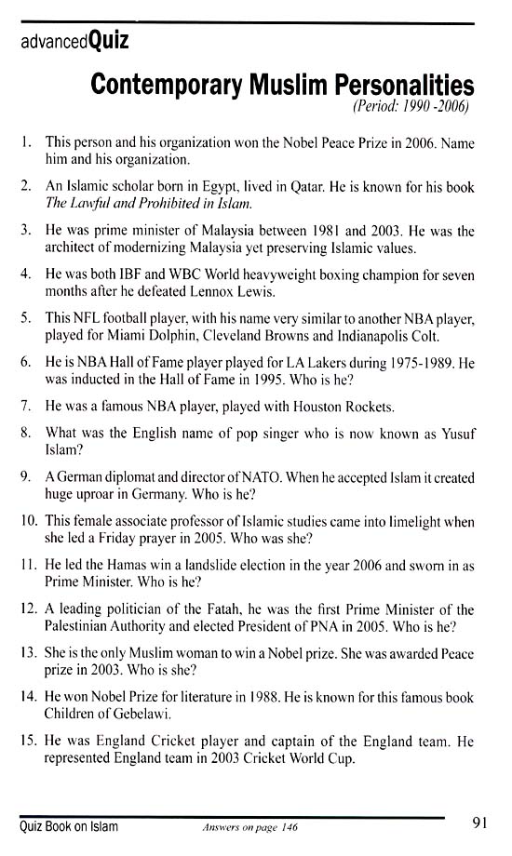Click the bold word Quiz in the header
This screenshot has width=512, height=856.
point(109,41)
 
